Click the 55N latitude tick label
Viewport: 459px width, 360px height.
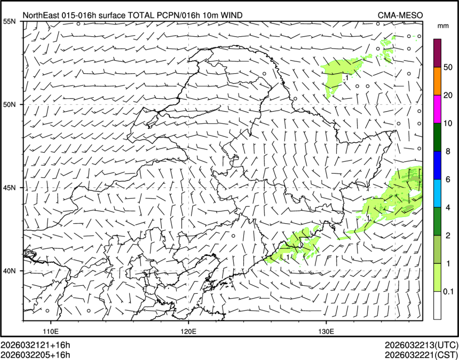(10, 21)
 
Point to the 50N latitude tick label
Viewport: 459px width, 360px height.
(10, 105)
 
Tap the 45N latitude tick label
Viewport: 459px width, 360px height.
(10, 187)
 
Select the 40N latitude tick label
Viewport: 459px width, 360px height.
(10, 271)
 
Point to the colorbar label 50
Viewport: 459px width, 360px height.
(448, 67)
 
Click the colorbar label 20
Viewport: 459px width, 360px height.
(448, 95)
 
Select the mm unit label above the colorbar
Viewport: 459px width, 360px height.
(442, 26)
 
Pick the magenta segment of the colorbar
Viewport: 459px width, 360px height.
(437, 109)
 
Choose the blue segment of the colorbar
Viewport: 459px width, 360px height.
(437, 165)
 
